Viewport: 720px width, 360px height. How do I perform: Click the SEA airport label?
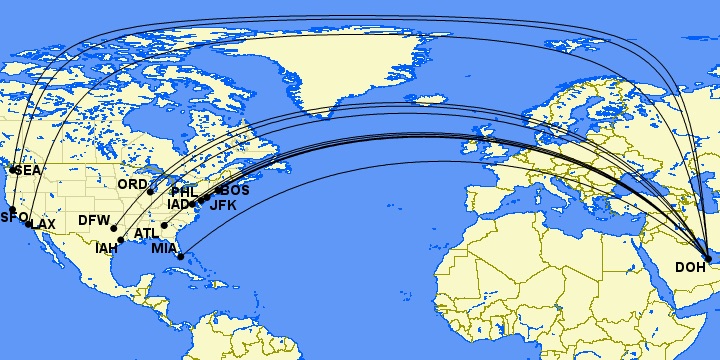[26, 171]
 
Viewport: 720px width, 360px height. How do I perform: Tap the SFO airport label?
[13, 217]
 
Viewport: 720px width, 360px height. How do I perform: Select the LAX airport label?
[42, 224]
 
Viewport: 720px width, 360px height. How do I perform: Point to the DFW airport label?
[93, 220]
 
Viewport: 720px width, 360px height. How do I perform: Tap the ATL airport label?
[146, 234]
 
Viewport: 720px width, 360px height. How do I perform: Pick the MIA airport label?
[165, 249]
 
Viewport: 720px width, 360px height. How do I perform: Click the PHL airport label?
[184, 192]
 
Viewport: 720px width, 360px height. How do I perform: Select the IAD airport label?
[178, 205]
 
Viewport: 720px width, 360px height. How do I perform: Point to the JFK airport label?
[222, 205]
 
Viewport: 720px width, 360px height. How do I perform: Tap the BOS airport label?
[235, 190]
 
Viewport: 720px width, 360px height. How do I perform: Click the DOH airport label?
[690, 267]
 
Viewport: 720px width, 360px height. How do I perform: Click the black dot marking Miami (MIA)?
[180, 257]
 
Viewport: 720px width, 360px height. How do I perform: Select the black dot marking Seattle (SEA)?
[12, 170]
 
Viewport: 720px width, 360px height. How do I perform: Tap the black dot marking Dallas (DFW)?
[114, 228]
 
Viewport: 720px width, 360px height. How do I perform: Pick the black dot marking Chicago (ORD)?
[151, 191]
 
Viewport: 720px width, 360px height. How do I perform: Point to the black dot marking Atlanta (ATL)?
[164, 225]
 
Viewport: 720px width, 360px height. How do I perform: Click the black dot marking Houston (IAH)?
[121, 240]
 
